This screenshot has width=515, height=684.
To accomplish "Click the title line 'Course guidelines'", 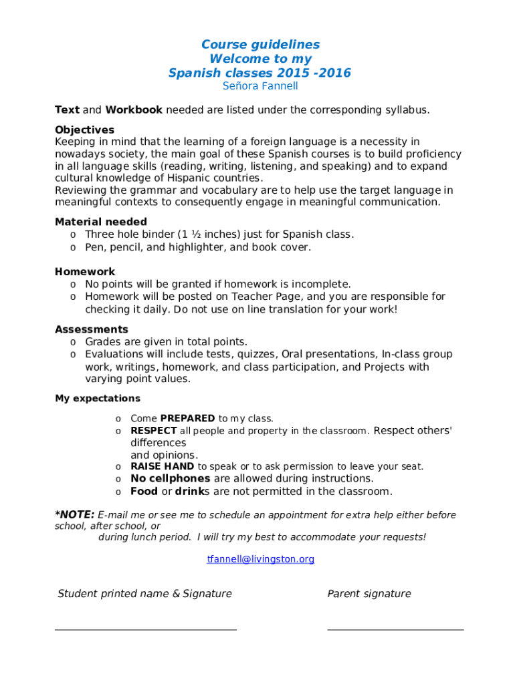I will tap(260, 45).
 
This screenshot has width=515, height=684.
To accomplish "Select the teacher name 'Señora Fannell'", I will tap(260, 86).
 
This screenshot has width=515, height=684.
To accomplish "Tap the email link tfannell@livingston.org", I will tap(260, 559).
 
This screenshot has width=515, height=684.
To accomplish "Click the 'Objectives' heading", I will tap(84, 130).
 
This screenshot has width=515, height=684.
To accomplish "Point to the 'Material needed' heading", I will tap(101, 222).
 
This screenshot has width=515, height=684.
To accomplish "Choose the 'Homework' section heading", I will tap(85, 272).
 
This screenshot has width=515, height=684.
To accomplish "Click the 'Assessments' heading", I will tap(92, 329).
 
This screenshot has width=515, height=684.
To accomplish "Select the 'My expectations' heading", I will tap(98, 399).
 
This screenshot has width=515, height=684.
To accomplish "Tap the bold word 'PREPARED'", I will tap(187, 419).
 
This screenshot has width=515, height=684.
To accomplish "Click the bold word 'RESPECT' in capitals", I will tap(154, 431).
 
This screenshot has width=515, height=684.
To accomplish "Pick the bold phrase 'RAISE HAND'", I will tap(163, 467).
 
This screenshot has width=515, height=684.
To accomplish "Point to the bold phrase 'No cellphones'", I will tap(170, 479).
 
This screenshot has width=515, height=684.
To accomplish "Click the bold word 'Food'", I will tap(144, 492).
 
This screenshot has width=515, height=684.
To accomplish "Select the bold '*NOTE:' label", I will tap(74, 515).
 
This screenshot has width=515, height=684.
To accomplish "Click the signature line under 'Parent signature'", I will tap(395, 629).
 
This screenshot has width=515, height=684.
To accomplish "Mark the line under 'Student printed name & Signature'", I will tap(145, 629).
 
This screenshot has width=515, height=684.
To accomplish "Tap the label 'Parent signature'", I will tap(369, 594).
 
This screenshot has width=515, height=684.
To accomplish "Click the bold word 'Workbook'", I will tap(134, 110).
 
